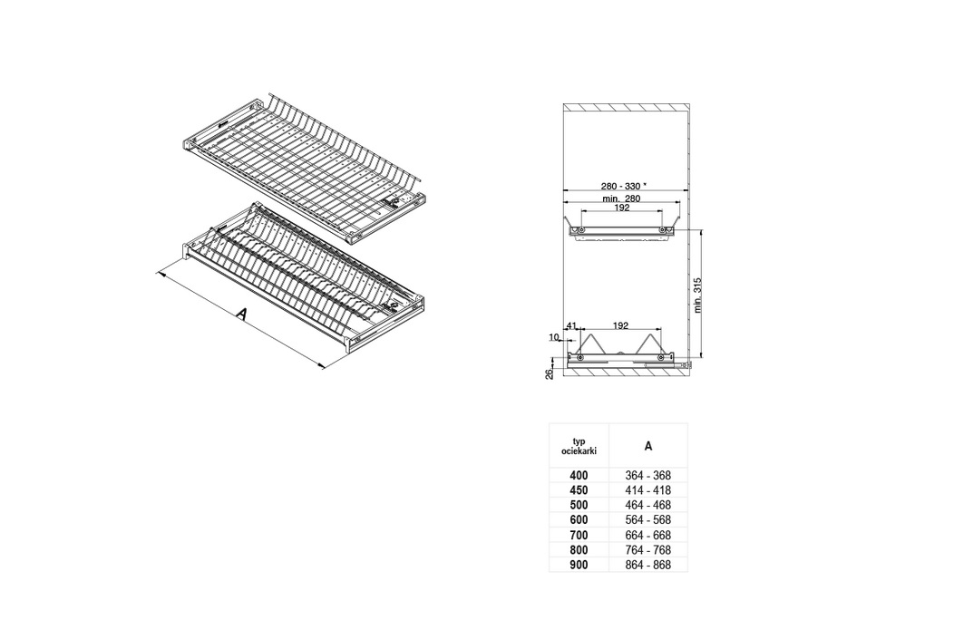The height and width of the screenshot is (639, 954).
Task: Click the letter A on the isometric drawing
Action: (x=242, y=315)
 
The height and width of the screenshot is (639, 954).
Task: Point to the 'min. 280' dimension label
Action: (x=620, y=198)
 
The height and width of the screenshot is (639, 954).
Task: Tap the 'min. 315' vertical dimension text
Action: (x=698, y=295)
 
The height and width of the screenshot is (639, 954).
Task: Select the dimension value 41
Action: (x=571, y=326)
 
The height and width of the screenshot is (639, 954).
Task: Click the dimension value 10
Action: (x=554, y=337)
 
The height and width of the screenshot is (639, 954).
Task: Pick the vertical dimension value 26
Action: (x=549, y=374)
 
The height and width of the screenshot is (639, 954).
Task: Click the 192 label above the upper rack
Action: (x=621, y=208)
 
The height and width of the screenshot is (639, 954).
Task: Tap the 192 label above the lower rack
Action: (x=620, y=326)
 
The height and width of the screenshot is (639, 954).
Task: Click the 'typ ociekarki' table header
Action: (x=579, y=446)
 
